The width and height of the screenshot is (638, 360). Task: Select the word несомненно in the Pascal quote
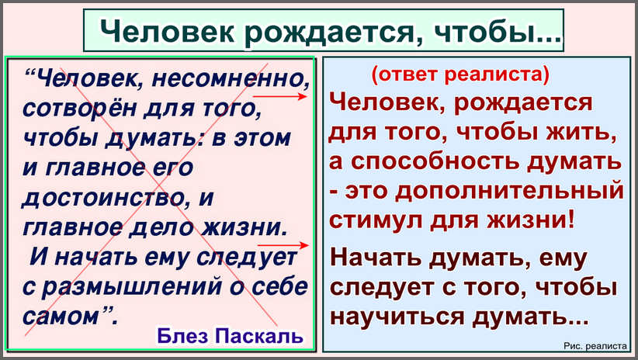231,78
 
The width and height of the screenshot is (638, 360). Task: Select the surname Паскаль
258,337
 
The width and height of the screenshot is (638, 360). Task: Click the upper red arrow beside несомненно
279,96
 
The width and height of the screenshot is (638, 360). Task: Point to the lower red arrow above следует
283,245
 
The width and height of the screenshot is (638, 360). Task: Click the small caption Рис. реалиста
595,346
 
